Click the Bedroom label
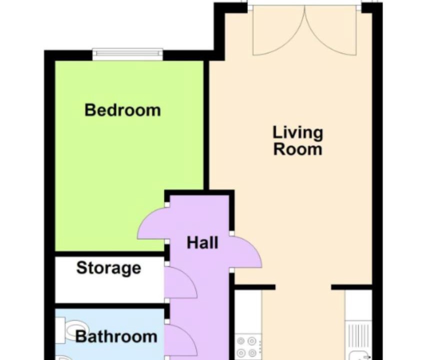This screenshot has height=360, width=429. [122, 110]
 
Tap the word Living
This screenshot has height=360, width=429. [298, 133]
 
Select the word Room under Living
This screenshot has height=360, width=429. [298, 149]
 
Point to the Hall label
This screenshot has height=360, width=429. [202, 242]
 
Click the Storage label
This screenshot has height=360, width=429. [108, 267]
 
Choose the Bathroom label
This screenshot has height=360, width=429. [116, 336]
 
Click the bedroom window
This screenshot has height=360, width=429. [128, 54]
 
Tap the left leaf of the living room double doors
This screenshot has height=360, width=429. [278, 30]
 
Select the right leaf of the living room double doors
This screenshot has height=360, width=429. [331, 30]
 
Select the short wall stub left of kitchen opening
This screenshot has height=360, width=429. [255, 287]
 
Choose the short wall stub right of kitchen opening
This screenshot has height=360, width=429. [352, 287]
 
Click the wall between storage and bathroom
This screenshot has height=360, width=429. [109, 305]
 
